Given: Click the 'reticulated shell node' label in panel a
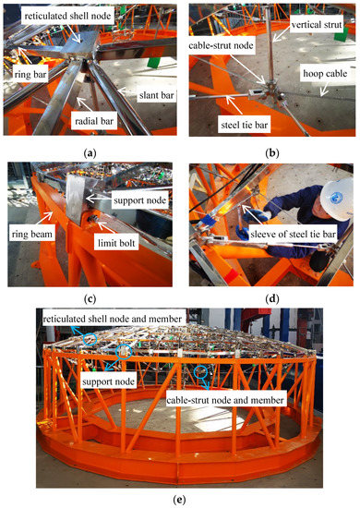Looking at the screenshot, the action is coord(67,16).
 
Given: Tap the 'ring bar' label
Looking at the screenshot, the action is coord(30,75).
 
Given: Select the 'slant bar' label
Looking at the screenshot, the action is coord(156,95).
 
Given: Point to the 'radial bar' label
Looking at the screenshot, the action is coord(94,122).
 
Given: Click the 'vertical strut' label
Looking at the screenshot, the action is coord(317,25).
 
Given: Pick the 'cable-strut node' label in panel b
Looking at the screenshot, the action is coord(222,45).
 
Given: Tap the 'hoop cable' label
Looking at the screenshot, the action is coord(325,74).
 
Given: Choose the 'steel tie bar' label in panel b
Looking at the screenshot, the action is coord(244,125).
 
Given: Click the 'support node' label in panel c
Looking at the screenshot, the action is coord(140,200).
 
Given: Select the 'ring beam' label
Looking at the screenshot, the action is coord(31,235).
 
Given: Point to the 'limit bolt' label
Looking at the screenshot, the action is coord(116,243).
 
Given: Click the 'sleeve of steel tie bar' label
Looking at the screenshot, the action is coord(293,234).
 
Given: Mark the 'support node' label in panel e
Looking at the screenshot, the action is coord(108,381).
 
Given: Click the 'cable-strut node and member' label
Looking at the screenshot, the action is coord(225,401).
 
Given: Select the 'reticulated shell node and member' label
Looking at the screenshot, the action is coord(113,319).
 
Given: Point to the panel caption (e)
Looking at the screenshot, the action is coord(179,500).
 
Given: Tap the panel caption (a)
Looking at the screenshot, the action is coord(90,153).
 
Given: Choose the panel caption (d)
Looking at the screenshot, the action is coord(271,299).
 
